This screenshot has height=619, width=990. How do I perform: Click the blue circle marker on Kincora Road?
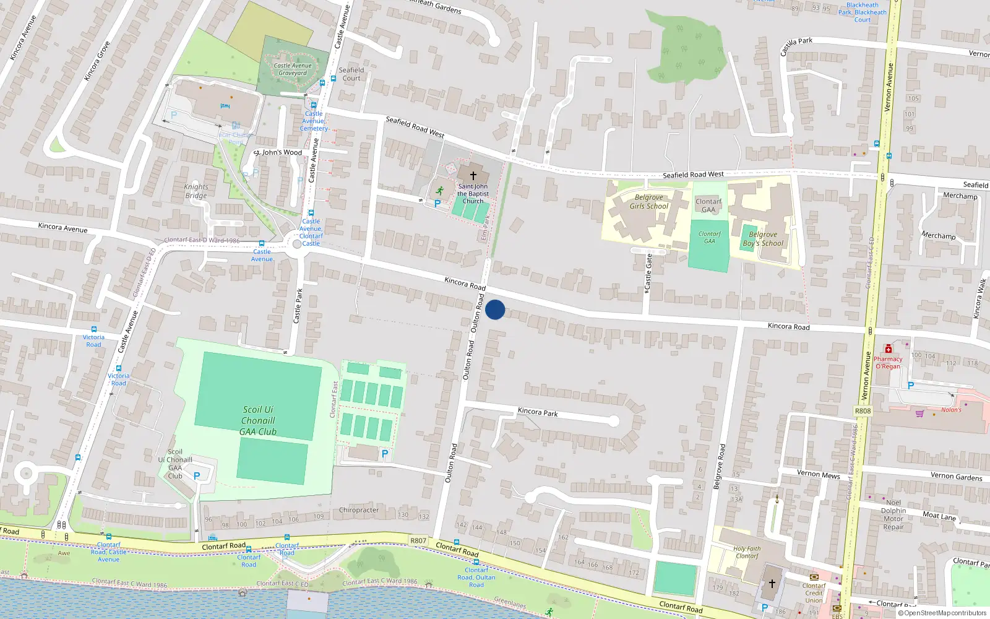495,309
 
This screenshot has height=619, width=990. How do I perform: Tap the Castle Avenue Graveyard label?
293,69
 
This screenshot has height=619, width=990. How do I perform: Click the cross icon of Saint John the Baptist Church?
473,176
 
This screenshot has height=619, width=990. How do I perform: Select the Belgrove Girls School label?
649,202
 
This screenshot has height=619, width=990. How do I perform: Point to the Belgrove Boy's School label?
763,239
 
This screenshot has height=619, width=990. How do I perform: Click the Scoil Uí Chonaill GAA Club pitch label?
258,420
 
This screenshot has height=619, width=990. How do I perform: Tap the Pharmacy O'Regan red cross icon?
889,349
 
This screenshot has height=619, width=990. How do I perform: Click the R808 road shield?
863,411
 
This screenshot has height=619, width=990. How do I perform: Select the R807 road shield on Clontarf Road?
418,540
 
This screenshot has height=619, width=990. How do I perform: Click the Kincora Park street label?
538,412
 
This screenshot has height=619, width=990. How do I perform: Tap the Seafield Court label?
351,74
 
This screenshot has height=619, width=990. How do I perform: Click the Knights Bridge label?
196,191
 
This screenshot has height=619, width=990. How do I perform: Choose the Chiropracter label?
359,510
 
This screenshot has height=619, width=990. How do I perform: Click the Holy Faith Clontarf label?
747,552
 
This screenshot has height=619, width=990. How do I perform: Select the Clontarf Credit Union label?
814,593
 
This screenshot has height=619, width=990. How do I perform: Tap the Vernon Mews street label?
818,474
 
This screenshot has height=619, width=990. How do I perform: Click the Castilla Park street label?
796,46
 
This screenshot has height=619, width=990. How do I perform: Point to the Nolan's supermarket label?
952,410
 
